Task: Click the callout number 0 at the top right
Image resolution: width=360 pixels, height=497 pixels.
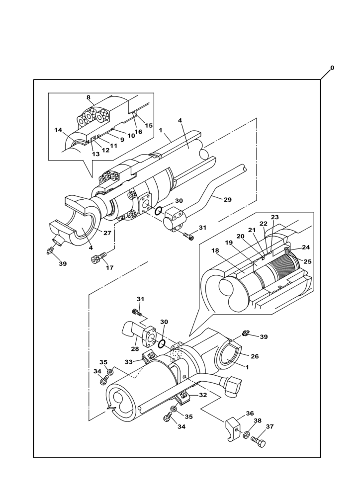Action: pyautogui.click(x=332, y=68)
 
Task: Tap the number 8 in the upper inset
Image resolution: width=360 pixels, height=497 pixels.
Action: pyautogui.click(x=89, y=98)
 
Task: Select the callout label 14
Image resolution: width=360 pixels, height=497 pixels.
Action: pyautogui.click(x=59, y=130)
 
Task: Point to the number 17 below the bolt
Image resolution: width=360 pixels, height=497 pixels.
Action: pyautogui.click(x=109, y=268)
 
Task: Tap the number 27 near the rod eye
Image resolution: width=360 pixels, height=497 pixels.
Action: pyautogui.click(x=107, y=233)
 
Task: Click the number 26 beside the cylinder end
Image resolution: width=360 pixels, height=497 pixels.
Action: pyautogui.click(x=254, y=356)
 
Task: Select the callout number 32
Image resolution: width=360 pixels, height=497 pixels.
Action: pyautogui.click(x=203, y=395)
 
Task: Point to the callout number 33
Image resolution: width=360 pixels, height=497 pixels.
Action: pyautogui.click(x=129, y=362)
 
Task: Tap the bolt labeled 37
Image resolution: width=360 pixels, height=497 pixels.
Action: pyautogui.click(x=259, y=441)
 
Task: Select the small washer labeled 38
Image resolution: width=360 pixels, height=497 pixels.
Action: pyautogui.click(x=246, y=435)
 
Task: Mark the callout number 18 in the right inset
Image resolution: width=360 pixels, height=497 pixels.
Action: pyautogui.click(x=215, y=250)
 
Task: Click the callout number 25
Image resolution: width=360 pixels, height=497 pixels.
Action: pyautogui.click(x=308, y=261)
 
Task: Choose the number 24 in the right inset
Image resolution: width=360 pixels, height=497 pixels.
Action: pyautogui.click(x=306, y=247)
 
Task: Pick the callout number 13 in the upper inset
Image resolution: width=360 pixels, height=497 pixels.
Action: pyautogui.click(x=95, y=154)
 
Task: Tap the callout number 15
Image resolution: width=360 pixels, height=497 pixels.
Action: pyautogui.click(x=149, y=126)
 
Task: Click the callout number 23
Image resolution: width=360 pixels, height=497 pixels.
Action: pyautogui.click(x=274, y=217)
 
